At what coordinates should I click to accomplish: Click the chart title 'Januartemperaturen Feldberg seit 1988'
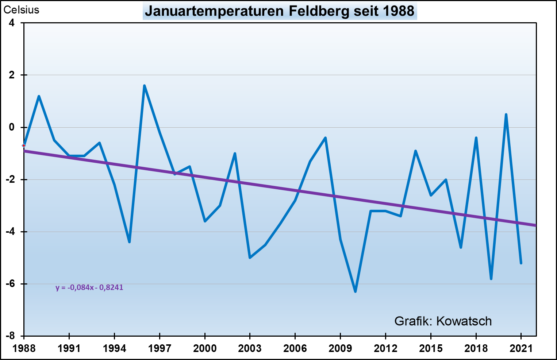click(x=280, y=11)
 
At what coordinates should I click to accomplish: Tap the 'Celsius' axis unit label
click(x=21, y=10)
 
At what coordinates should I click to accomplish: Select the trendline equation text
click(x=89, y=287)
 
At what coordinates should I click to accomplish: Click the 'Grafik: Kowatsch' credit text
click(x=443, y=321)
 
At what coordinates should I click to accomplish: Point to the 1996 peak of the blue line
click(x=145, y=86)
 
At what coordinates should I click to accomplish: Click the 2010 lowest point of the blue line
click(x=355, y=291)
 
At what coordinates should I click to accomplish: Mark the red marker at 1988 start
click(x=24, y=146)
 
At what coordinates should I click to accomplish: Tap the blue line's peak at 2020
click(x=506, y=115)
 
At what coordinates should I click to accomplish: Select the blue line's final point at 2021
click(x=521, y=263)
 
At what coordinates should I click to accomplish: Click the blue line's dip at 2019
click(x=491, y=279)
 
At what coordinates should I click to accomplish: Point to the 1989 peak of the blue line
click(x=39, y=96)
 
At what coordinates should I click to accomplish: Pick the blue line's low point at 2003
click(x=250, y=258)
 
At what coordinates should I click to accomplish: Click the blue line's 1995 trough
click(x=129, y=242)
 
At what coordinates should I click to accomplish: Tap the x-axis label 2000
click(x=205, y=348)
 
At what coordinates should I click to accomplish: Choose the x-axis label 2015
click(x=431, y=348)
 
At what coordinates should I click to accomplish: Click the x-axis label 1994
click(x=114, y=348)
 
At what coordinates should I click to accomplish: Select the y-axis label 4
click(x=12, y=23)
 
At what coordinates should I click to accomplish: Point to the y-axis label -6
click(x=11, y=284)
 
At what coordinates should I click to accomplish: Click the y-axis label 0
click(x=12, y=127)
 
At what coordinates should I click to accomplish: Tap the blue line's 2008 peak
click(x=325, y=138)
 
